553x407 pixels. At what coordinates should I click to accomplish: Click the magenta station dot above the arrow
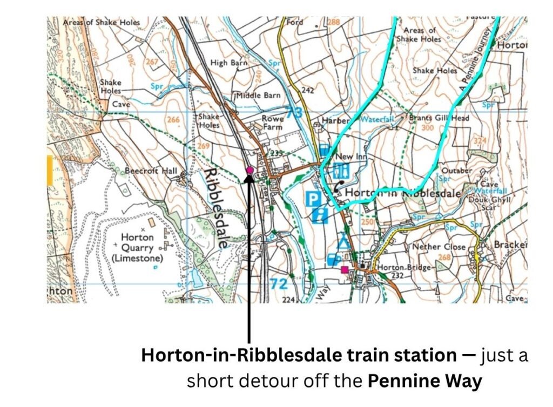pos(249,170)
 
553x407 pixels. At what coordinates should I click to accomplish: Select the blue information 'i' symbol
pos(321,215)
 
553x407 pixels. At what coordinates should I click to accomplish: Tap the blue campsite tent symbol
pos(341,241)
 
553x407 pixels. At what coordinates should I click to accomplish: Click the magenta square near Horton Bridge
pos(345,269)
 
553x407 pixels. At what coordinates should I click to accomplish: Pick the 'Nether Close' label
pos(439,246)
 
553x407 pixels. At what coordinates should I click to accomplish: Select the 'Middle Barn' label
pos(258,95)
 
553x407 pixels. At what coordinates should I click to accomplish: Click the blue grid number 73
pos(294,112)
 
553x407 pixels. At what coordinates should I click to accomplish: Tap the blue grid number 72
pos(279,283)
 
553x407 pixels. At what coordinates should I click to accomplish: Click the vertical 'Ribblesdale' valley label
pos(215,207)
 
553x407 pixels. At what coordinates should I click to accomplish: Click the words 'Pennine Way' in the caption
pos(424,381)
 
